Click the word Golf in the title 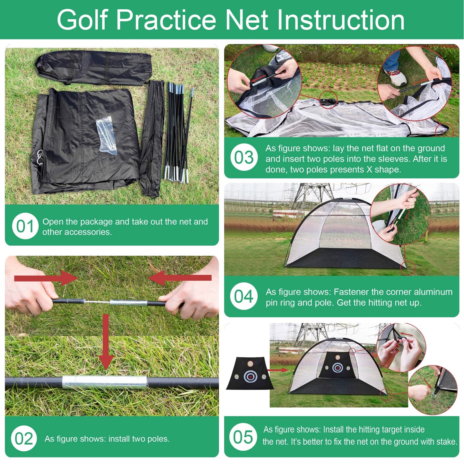pyautogui.click(x=82, y=21)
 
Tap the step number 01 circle pyautogui.click(x=25, y=226)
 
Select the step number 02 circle pyautogui.click(x=24, y=438)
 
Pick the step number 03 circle pyautogui.click(x=244, y=157)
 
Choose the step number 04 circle pyautogui.click(x=244, y=296)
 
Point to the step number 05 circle pyautogui.click(x=243, y=437)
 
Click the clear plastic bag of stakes pyautogui.click(x=107, y=136)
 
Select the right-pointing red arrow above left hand pyautogui.click(x=46, y=278)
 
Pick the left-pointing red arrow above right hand pyautogui.click(x=179, y=278)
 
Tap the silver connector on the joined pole pyautogui.click(x=105, y=382)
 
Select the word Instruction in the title pyautogui.click(x=341, y=21)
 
